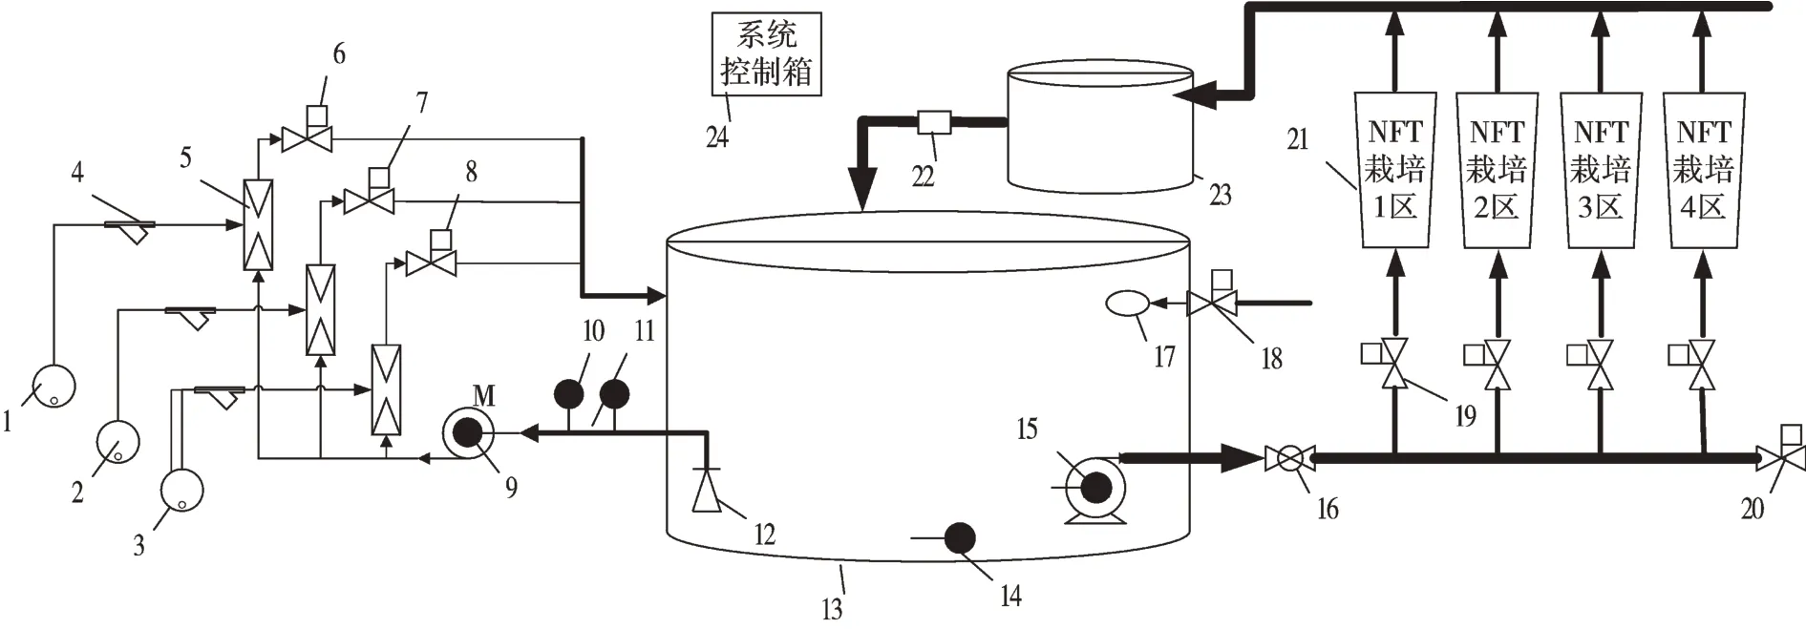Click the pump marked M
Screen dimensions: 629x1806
tap(467, 434)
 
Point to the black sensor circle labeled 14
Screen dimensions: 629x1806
tap(960, 539)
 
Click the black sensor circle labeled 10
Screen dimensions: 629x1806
tap(569, 393)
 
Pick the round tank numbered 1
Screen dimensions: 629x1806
tap(53, 386)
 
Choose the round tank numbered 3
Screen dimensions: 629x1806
tap(182, 490)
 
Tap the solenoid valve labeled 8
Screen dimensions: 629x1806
tap(431, 262)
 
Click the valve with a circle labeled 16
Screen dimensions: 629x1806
tap(1288, 459)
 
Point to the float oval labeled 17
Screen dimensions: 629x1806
tap(1128, 304)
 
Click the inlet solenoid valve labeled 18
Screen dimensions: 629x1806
tap(1211, 303)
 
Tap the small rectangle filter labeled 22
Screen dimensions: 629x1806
tap(932, 122)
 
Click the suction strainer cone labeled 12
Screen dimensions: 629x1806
tap(707, 492)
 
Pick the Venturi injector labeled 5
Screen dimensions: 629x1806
tap(258, 224)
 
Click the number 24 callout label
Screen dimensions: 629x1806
tap(717, 136)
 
